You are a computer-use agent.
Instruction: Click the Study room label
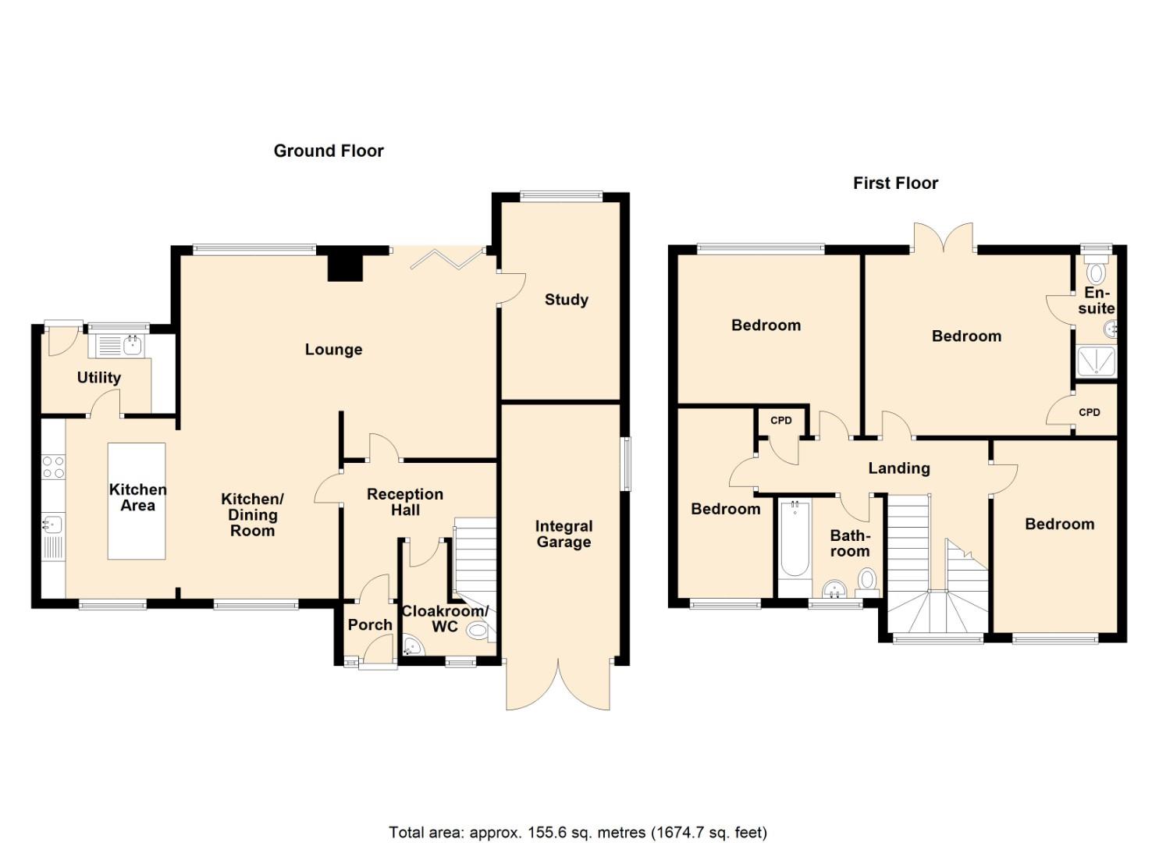click(566, 300)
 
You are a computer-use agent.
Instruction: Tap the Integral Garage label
click(564, 535)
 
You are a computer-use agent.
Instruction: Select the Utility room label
click(99, 378)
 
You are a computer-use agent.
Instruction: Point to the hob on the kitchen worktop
click(53, 467)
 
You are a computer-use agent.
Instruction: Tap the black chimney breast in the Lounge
click(345, 265)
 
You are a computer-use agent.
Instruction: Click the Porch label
click(370, 624)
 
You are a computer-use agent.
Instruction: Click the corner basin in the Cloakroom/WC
click(412, 645)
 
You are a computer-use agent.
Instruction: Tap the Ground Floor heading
click(329, 151)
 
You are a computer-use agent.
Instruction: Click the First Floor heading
click(895, 183)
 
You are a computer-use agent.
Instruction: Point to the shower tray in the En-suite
click(1097, 362)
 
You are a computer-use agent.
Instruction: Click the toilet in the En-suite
click(1097, 271)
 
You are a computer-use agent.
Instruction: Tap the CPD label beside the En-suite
click(1090, 412)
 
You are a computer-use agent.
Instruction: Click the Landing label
click(899, 468)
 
